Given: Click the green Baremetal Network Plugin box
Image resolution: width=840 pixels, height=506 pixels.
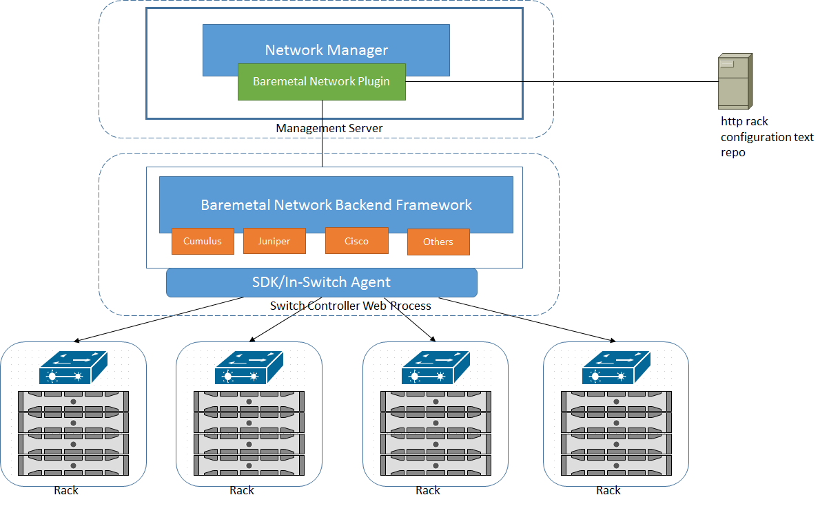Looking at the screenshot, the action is [x=321, y=82].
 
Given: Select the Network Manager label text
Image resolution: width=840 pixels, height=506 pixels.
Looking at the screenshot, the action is [x=326, y=50].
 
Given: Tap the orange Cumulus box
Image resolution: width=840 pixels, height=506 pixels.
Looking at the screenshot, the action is [x=203, y=241].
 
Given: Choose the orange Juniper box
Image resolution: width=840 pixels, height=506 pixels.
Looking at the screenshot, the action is [x=274, y=241].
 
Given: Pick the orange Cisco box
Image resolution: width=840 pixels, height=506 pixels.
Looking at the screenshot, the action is [x=357, y=241].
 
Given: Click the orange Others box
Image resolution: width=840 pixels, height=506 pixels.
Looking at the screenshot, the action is [x=438, y=242].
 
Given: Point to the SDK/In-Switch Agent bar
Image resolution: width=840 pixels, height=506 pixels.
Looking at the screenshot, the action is [x=321, y=282].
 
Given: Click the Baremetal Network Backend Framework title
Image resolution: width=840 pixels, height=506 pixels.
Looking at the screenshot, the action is [x=336, y=205].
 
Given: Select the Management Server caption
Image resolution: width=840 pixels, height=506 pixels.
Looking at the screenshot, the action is [x=329, y=129].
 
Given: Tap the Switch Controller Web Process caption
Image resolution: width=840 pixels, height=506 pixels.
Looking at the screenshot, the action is [x=350, y=306].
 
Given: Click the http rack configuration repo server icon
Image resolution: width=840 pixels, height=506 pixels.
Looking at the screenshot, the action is [x=735, y=81].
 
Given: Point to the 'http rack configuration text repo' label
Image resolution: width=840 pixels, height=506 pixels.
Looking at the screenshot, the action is [x=767, y=137].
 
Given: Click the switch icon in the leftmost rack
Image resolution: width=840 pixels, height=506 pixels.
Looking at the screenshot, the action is [x=73, y=368].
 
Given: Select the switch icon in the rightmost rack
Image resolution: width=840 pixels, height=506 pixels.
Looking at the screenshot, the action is [x=616, y=368].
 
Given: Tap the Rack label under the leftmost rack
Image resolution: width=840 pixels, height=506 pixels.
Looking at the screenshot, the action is [x=66, y=490].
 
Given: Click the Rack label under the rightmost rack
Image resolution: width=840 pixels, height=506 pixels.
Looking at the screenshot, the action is [x=608, y=490].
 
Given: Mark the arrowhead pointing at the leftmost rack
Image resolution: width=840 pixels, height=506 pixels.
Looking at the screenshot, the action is [x=76, y=341].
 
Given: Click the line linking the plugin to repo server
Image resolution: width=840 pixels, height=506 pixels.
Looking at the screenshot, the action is [x=562, y=81].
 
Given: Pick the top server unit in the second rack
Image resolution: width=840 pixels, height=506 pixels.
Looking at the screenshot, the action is [x=249, y=401].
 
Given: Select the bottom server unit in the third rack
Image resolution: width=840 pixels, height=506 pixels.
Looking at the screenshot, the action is [x=436, y=465].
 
